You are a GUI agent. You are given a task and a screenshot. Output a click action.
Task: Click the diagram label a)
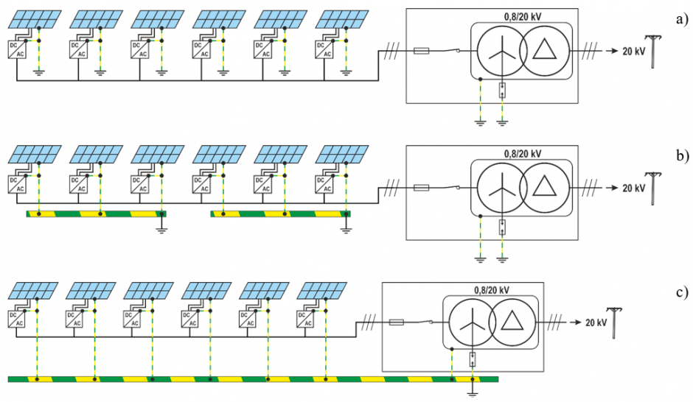tap(682, 19)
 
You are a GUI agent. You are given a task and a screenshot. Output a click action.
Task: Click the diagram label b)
tap(682, 156)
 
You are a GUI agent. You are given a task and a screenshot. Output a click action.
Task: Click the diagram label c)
tap(682, 292)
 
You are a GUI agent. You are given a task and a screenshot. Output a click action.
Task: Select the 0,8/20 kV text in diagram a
tap(523, 17)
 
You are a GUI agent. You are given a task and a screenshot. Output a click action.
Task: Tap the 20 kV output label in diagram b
tap(634, 188)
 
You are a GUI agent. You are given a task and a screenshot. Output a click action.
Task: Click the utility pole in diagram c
tap(614, 323)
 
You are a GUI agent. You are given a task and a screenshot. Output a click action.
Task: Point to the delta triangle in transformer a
tap(544, 49)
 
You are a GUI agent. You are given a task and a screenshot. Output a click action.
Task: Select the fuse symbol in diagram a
tap(421, 52)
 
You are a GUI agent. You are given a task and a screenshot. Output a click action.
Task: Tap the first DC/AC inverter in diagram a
tap(16, 49)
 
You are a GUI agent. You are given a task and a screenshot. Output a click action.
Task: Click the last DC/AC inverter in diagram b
tap(324, 185)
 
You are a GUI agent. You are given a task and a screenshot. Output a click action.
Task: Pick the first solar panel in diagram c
tap(33, 292)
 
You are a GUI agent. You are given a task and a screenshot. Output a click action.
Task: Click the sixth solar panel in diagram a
tap(343, 19)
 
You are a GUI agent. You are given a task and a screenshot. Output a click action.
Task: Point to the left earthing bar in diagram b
tap(97, 214)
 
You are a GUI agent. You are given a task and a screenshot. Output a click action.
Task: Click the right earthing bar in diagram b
tap(281, 214)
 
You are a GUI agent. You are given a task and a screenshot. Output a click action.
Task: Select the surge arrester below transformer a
tap(503, 90)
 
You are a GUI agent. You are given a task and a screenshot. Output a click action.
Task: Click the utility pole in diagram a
tap(653, 52)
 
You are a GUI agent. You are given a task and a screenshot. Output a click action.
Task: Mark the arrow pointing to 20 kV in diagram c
tap(576, 322)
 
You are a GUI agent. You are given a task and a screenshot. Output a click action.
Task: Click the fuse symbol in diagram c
tap(396, 322)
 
